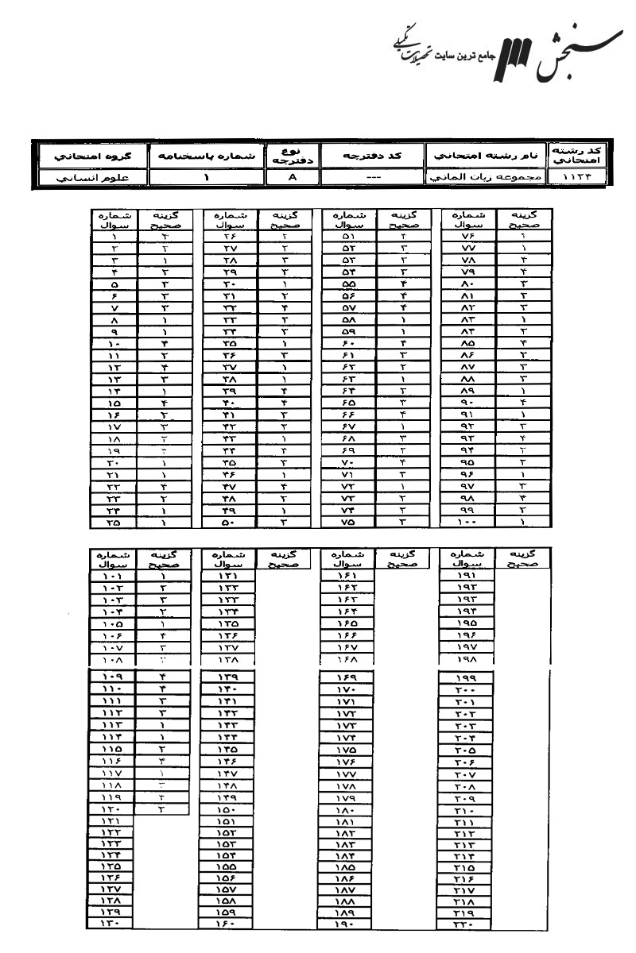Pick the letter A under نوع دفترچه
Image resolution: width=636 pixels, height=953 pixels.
(x=291, y=179)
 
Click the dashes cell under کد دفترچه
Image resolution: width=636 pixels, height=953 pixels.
(x=372, y=179)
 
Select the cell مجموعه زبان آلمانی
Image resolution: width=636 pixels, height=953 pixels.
(x=486, y=179)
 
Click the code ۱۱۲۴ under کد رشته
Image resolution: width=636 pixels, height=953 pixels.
(x=580, y=179)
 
